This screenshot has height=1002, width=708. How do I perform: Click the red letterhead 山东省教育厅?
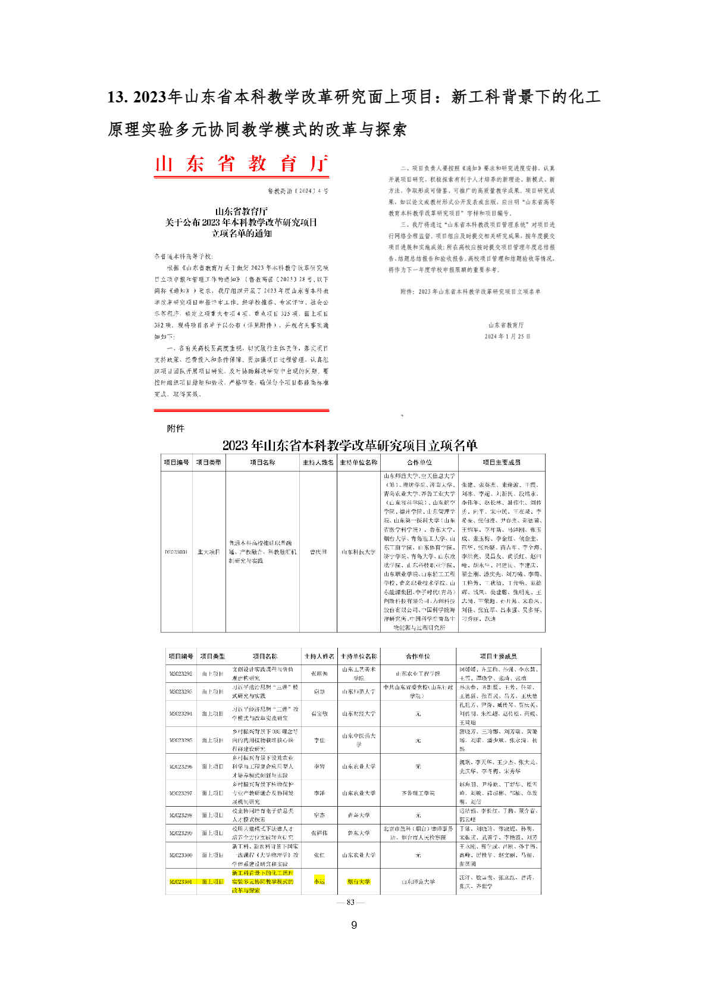coord(241,164)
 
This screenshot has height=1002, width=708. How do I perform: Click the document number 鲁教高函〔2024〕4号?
coord(297,191)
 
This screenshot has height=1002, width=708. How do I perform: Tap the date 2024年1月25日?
coord(507,336)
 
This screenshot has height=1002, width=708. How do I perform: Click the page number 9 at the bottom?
coord(354,925)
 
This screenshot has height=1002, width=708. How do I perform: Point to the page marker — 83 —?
coord(350,902)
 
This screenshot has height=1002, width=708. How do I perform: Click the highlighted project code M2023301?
coord(180,882)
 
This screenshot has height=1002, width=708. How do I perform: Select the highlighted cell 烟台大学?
coord(359,882)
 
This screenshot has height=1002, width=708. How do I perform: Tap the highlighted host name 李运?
coord(319,882)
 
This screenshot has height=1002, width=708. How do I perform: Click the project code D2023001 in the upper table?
coord(176,552)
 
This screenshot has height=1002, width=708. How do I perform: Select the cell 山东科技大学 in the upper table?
coord(359,552)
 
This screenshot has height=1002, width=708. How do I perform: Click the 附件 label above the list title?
coord(176,429)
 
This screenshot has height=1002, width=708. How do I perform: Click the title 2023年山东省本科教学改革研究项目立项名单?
coord(350,445)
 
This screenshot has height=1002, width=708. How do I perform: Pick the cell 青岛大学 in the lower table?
coord(359,815)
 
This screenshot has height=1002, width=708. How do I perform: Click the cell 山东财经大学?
coord(359,713)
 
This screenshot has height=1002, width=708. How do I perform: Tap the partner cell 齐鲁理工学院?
coord(418,793)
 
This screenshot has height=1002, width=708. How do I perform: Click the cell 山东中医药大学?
coord(359,740)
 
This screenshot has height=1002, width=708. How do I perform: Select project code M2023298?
coord(180,815)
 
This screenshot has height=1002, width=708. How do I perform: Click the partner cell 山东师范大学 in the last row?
coord(418,882)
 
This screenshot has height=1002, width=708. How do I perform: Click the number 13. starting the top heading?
coord(118,97)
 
